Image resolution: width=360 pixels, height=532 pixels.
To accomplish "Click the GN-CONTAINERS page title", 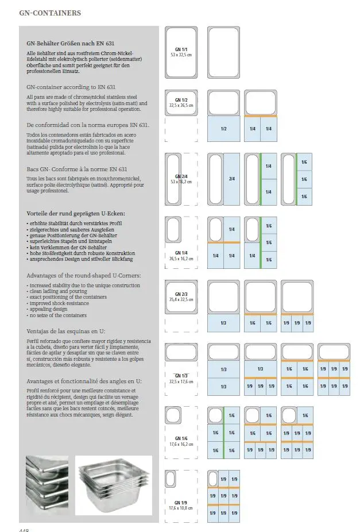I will pyautogui.click(x=50, y=13).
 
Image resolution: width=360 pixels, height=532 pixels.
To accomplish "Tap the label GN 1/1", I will pyautogui.click(x=181, y=49).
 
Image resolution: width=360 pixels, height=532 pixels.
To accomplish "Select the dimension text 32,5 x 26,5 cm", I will pyautogui.click(x=181, y=106).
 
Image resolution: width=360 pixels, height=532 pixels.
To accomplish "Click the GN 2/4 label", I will pyautogui.click(x=181, y=176).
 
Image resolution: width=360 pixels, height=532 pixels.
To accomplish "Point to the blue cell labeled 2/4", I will pyautogui.click(x=232, y=179).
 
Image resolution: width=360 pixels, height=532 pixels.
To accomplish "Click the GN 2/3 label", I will pyautogui.click(x=181, y=294).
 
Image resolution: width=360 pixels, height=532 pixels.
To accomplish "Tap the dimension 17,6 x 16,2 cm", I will pyautogui.click(x=181, y=444).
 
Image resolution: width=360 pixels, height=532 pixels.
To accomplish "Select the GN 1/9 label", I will pyautogui.click(x=181, y=503).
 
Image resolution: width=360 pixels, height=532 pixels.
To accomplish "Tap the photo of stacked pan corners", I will pyautogui.click(x=47, y=486).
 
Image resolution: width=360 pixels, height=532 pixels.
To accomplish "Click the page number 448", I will pyautogui.click(x=24, y=530).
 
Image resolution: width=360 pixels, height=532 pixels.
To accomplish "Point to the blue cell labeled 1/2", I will pyautogui.click(x=223, y=129).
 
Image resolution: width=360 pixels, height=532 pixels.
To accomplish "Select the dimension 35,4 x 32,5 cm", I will pyautogui.click(x=181, y=300).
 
